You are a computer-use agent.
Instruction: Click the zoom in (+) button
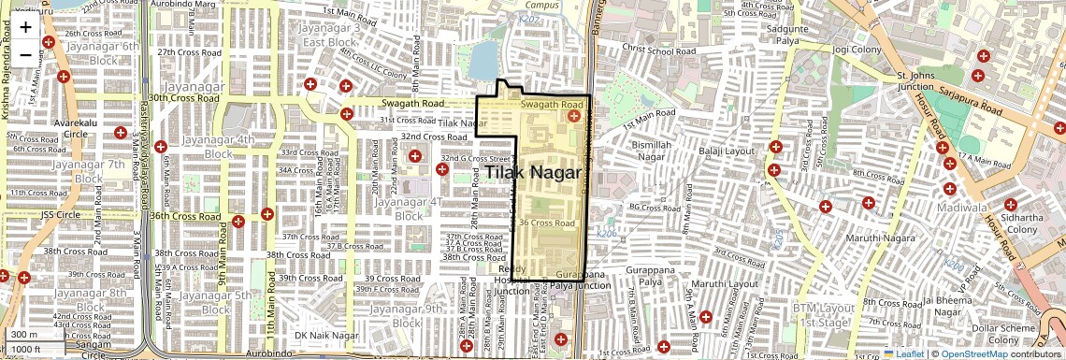pyautogui.click(x=25, y=27)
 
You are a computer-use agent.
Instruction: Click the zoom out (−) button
pyautogui.click(x=25, y=55)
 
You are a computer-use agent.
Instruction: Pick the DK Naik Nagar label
pyautogui.click(x=326, y=335)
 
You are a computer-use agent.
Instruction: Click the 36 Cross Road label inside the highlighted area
pyautogui.click(x=547, y=223)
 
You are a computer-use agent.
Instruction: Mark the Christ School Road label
pyautogui.click(x=659, y=49)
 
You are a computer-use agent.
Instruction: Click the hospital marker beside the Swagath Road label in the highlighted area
pyautogui.click(x=574, y=116)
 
